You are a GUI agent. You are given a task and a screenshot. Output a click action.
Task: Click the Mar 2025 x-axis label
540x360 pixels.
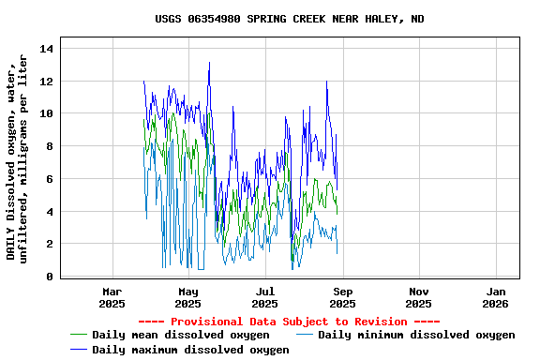pos(112,297)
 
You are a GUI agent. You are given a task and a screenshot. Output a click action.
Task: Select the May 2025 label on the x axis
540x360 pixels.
pos(188,297)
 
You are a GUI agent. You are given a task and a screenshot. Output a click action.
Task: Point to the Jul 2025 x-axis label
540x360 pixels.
pos(265,297)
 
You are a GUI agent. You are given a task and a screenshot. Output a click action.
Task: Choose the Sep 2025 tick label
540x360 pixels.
pos(342,297)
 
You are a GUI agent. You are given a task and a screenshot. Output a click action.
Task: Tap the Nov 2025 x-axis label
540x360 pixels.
pos(419,297)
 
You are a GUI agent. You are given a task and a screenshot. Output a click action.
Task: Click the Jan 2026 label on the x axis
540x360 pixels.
pos(496,297)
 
